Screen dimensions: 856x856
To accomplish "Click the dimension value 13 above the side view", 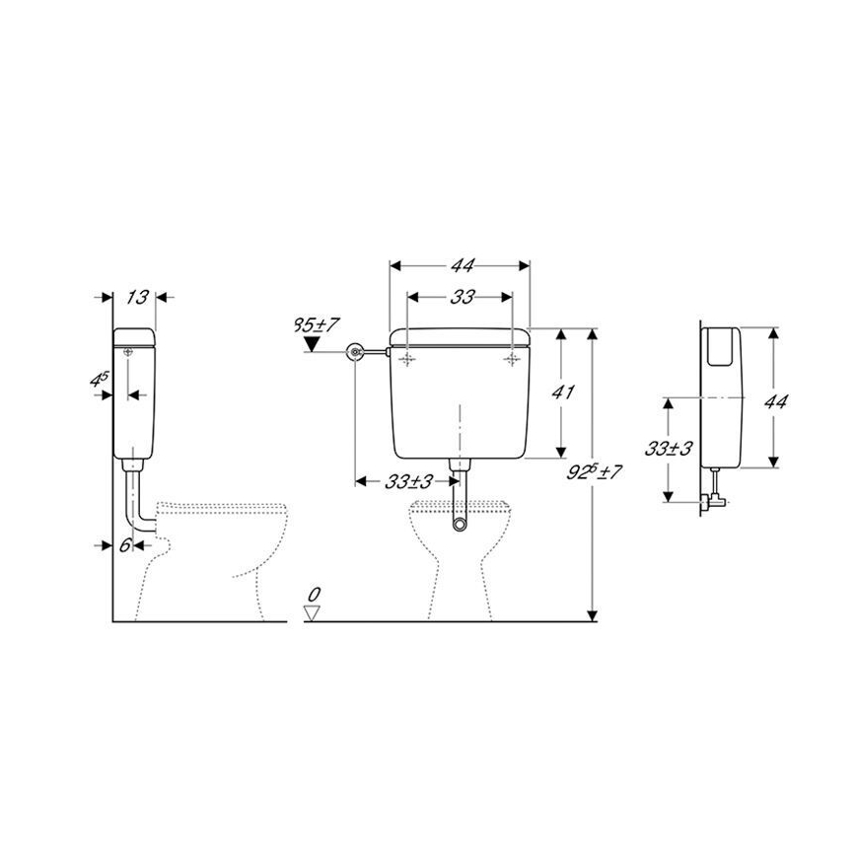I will tap(138, 297).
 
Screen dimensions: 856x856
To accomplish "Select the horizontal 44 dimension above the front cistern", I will tap(462, 265).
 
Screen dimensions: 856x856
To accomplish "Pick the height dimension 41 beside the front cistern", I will tap(563, 392).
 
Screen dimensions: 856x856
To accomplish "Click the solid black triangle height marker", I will tap(314, 343).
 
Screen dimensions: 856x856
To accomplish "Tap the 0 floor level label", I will tap(315, 595).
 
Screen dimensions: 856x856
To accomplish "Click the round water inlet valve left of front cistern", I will tap(356, 352).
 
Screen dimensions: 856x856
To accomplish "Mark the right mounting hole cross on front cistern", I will tap(512, 361).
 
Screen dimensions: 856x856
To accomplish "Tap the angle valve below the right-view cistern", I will tap(713, 496).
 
